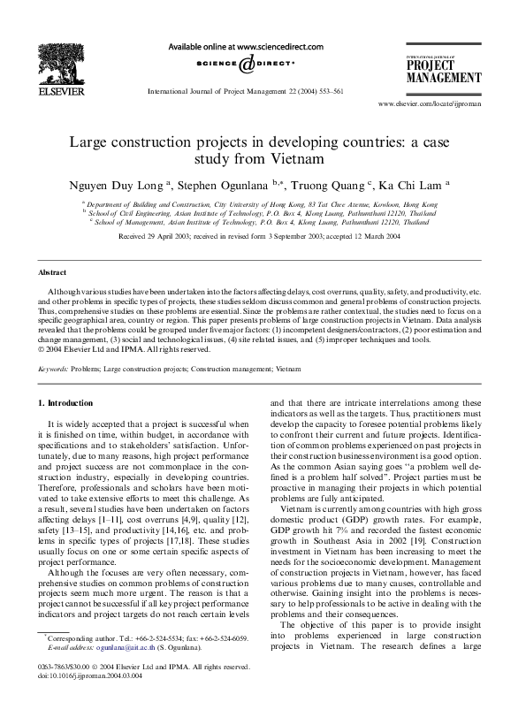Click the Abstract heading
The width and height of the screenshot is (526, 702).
click(53, 273)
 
